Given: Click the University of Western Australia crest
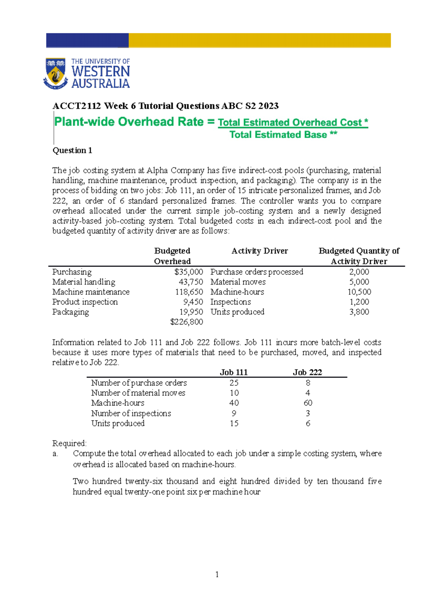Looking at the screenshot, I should (x=55, y=74).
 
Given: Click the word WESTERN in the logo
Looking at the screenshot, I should (x=101, y=71).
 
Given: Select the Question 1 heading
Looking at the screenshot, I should (x=72, y=150).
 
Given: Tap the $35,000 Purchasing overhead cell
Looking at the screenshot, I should (x=188, y=272).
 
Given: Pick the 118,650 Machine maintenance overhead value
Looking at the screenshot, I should (x=189, y=292).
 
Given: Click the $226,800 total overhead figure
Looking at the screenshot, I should (x=187, y=322).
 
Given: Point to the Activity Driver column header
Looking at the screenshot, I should (x=259, y=251).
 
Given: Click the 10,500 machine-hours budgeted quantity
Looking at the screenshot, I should (x=359, y=292).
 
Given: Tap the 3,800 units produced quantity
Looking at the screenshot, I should (x=359, y=311).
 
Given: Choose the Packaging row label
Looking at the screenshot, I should (x=71, y=312).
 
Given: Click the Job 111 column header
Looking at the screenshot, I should (x=234, y=372).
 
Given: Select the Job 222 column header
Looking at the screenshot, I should (x=307, y=372).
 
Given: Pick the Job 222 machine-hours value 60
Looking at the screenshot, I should (x=308, y=403).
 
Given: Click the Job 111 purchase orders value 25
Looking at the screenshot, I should (x=234, y=383).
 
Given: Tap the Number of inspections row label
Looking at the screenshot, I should (x=131, y=413).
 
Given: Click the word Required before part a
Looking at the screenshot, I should (x=69, y=443).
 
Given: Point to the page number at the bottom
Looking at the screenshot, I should (x=217, y=574).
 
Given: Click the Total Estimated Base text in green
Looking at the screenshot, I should (x=278, y=135).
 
